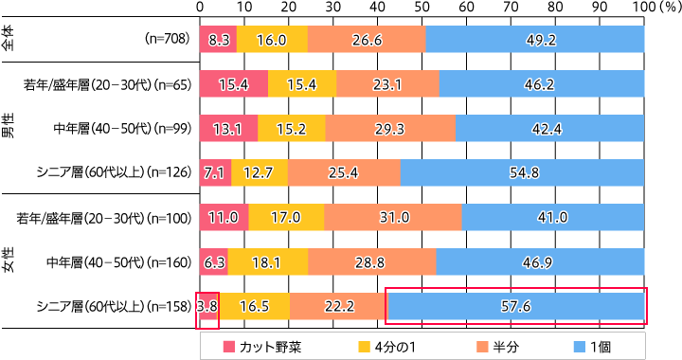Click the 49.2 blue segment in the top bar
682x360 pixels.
pos(535,41)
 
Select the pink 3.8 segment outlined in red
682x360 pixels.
pos(207,306)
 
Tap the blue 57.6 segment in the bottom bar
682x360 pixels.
pos(515,306)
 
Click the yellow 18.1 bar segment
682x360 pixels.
pos(268,261)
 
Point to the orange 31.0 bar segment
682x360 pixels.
pos(393,217)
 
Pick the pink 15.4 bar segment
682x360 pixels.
pos(234,84)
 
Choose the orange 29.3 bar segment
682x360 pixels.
pos(391,129)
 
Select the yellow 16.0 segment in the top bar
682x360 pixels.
pos(272,41)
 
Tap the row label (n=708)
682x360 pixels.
pos(169,41)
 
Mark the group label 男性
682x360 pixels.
pos(8,129)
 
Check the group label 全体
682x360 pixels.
pos(8,41)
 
